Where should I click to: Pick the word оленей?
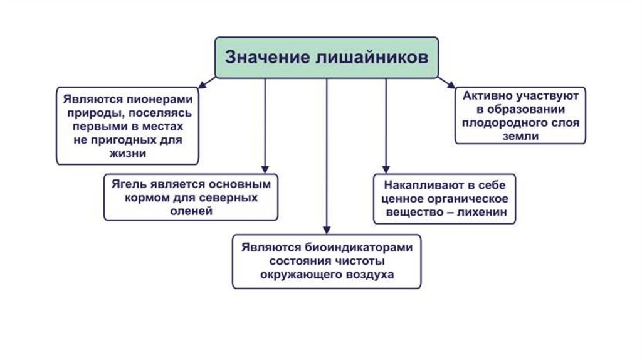pyautogui.click(x=191, y=211)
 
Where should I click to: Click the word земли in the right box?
pyautogui.click(x=520, y=136)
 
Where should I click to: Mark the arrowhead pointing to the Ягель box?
pyautogui.click(x=265, y=168)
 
